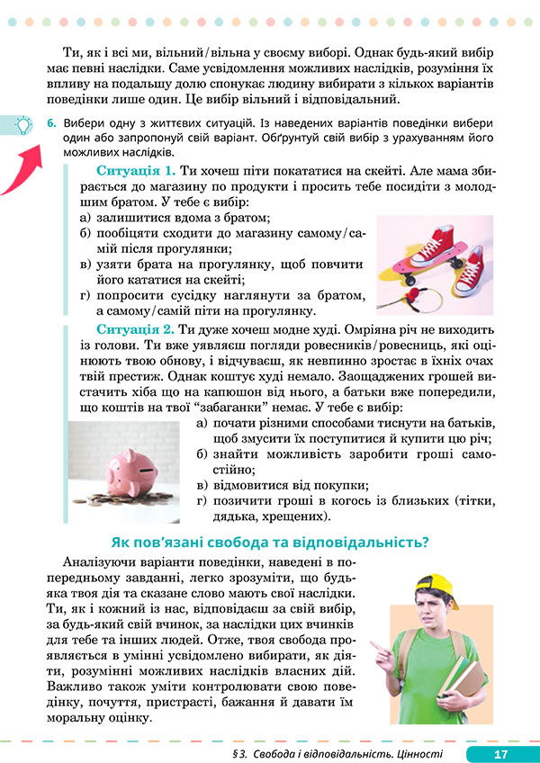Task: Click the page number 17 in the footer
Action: point(501,753)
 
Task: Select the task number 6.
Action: point(52,121)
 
